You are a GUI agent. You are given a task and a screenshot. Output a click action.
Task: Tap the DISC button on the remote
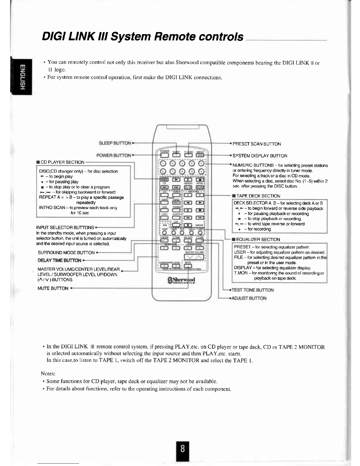pyautogui.click(x=164, y=179)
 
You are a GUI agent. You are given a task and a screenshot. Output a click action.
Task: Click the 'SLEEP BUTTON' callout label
pyautogui.click(x=115, y=143)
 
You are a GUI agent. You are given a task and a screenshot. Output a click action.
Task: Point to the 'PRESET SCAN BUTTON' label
pyautogui.click(x=257, y=144)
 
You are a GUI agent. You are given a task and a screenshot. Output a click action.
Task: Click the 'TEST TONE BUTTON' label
pyautogui.click(x=253, y=290)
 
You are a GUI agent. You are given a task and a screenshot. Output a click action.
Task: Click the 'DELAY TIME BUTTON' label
pyautogui.click(x=59, y=260)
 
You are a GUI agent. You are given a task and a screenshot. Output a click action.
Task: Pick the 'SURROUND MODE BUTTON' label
pyautogui.click(x=66, y=252)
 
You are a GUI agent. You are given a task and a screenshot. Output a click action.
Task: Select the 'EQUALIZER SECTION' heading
pyautogui.click(x=258, y=239)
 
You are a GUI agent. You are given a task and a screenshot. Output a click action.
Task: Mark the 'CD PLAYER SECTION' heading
pyautogui.click(x=62, y=162)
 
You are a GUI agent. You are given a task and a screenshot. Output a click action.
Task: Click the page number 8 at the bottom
pyautogui.click(x=183, y=449)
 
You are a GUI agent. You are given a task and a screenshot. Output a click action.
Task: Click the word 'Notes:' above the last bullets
pyautogui.click(x=48, y=374)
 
